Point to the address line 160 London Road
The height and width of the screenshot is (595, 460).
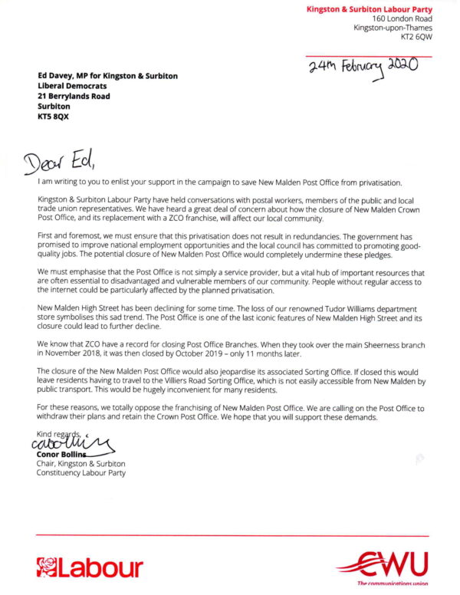(402, 18)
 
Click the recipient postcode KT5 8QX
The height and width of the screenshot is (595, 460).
(53, 117)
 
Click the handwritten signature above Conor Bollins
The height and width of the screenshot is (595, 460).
(69, 443)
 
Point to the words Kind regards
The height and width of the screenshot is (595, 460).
(58, 435)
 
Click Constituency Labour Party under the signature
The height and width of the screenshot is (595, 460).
(81, 473)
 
